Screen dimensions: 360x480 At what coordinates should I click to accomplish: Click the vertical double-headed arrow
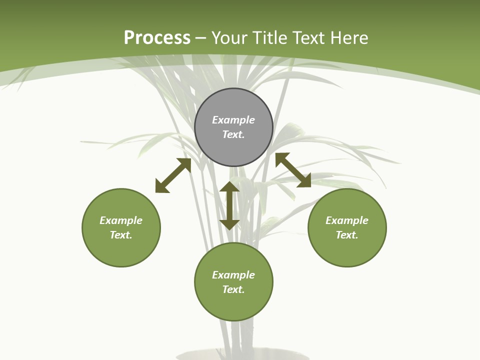tap(229, 205)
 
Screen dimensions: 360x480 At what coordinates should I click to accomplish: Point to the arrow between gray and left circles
tap(173, 175)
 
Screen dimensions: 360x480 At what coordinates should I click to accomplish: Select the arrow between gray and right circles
tap(293, 170)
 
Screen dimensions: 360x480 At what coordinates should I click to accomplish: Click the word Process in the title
tap(157, 38)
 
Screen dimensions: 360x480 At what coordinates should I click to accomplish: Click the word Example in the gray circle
tap(233, 120)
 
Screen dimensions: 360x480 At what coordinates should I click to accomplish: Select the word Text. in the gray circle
tap(233, 134)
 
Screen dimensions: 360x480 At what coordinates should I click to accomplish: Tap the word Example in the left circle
tap(121, 220)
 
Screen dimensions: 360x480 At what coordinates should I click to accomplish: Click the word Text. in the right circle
tap(347, 235)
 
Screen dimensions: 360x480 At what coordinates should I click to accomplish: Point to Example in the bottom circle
tap(233, 275)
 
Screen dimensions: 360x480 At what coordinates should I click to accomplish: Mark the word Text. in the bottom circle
tap(233, 289)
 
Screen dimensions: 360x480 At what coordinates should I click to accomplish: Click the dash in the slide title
tap(201, 38)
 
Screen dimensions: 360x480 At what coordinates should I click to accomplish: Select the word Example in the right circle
tap(347, 220)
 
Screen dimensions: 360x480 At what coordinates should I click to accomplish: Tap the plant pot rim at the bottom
tap(243, 355)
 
